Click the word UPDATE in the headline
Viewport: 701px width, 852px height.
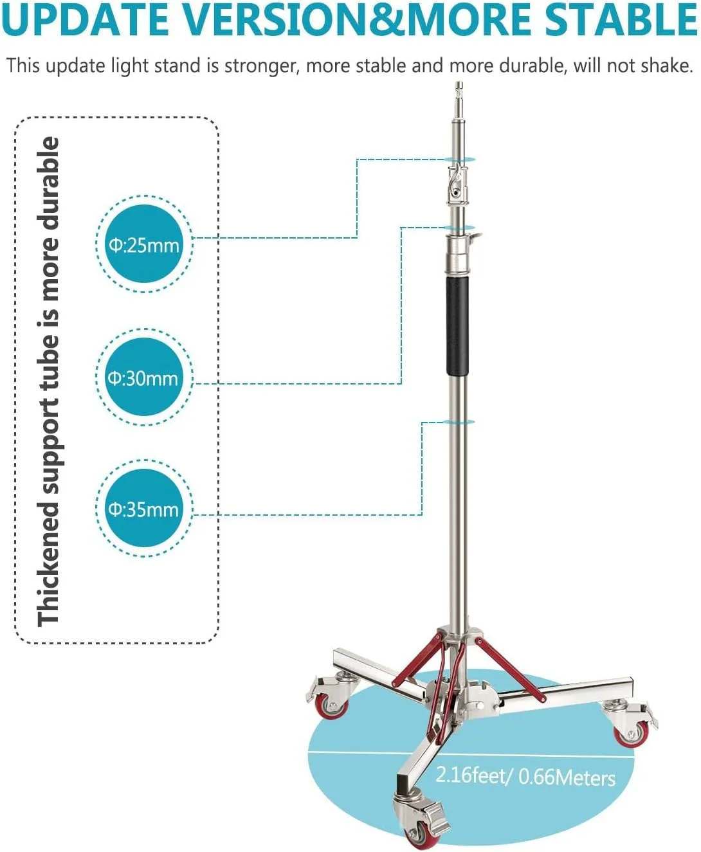pos(86,19)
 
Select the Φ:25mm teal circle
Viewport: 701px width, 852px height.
pos(144,244)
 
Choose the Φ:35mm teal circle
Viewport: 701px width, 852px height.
pos(143,509)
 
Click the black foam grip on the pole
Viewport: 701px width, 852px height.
pos(457,327)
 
